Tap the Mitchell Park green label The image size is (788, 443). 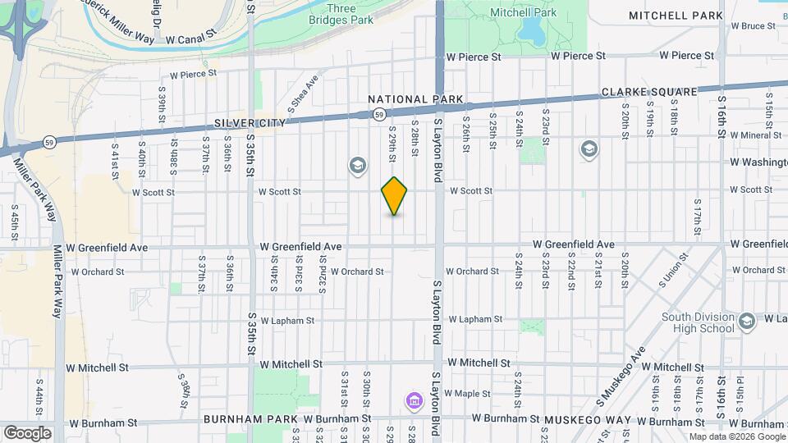click(x=523, y=12)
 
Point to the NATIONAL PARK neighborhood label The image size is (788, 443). click(x=415, y=99)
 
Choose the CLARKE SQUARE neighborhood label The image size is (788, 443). click(x=649, y=93)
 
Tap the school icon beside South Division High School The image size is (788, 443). click(x=746, y=321)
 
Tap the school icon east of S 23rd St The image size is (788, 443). click(x=589, y=149)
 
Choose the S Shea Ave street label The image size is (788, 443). click(x=303, y=94)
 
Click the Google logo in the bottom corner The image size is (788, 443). click(x=27, y=432)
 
